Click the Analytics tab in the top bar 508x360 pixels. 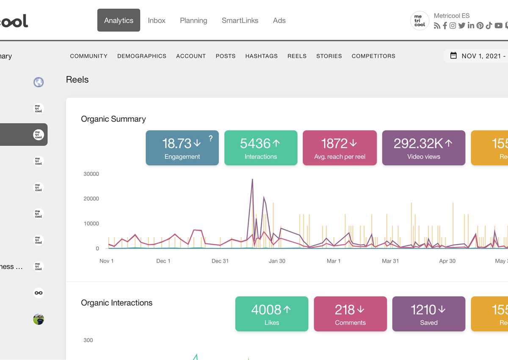[119, 20]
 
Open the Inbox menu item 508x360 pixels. [157, 20]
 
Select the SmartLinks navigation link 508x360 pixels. [240, 20]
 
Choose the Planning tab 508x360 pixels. [193, 20]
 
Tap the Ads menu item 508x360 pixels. [279, 20]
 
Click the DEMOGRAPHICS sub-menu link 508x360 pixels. [142, 56]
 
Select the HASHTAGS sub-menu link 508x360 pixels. [261, 56]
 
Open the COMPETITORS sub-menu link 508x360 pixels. [373, 56]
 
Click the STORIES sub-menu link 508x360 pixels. [329, 56]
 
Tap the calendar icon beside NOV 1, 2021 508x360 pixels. [453, 55]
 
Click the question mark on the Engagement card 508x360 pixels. [210, 138]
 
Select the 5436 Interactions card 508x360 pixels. [261, 148]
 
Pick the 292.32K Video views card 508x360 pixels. [423, 148]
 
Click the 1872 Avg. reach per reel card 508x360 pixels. [340, 148]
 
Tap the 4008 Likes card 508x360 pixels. [271, 314]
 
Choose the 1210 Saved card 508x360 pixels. [428, 314]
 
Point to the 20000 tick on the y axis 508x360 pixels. [91, 199]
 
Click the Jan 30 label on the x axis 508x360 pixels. [277, 261]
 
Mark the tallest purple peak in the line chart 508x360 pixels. [252, 180]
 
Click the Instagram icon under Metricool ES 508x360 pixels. [453, 26]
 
